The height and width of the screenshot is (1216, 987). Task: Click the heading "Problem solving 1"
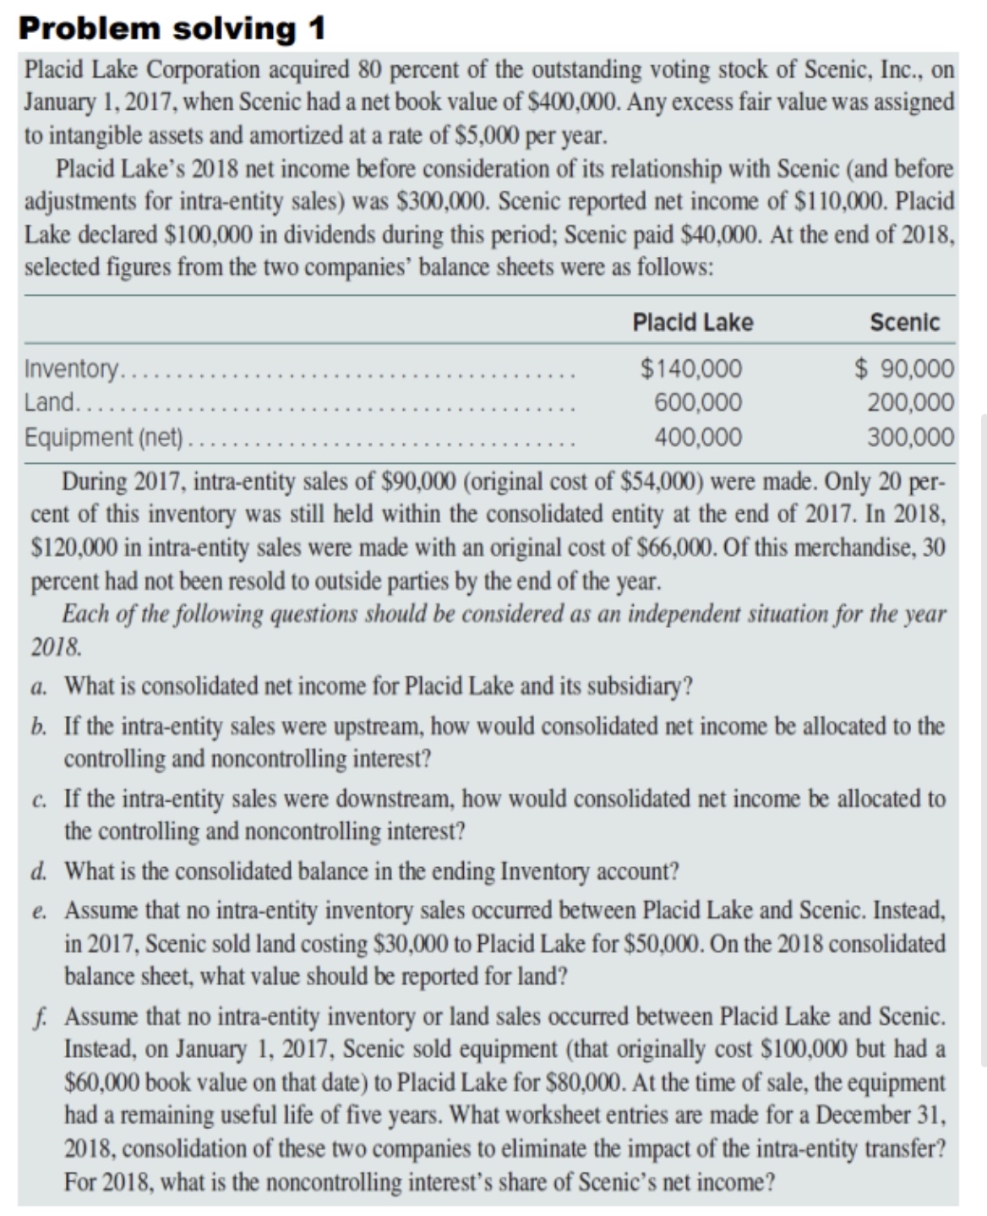(x=172, y=28)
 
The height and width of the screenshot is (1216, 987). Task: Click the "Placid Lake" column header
(x=692, y=323)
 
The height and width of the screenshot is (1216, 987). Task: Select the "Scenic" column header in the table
(x=904, y=323)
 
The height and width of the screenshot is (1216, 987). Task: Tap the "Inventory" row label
(x=73, y=369)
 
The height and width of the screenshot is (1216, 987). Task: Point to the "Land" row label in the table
(x=50, y=402)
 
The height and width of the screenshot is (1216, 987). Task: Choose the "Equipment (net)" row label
(x=104, y=437)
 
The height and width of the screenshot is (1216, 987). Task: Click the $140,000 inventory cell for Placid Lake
(x=691, y=369)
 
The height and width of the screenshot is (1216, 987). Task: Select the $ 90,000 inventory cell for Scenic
(x=904, y=369)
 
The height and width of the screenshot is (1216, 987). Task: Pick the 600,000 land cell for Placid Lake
(x=698, y=402)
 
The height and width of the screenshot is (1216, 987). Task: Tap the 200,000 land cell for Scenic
(x=911, y=402)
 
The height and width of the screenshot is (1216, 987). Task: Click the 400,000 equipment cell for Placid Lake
(x=698, y=437)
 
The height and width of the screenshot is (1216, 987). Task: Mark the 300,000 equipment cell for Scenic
(x=911, y=437)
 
